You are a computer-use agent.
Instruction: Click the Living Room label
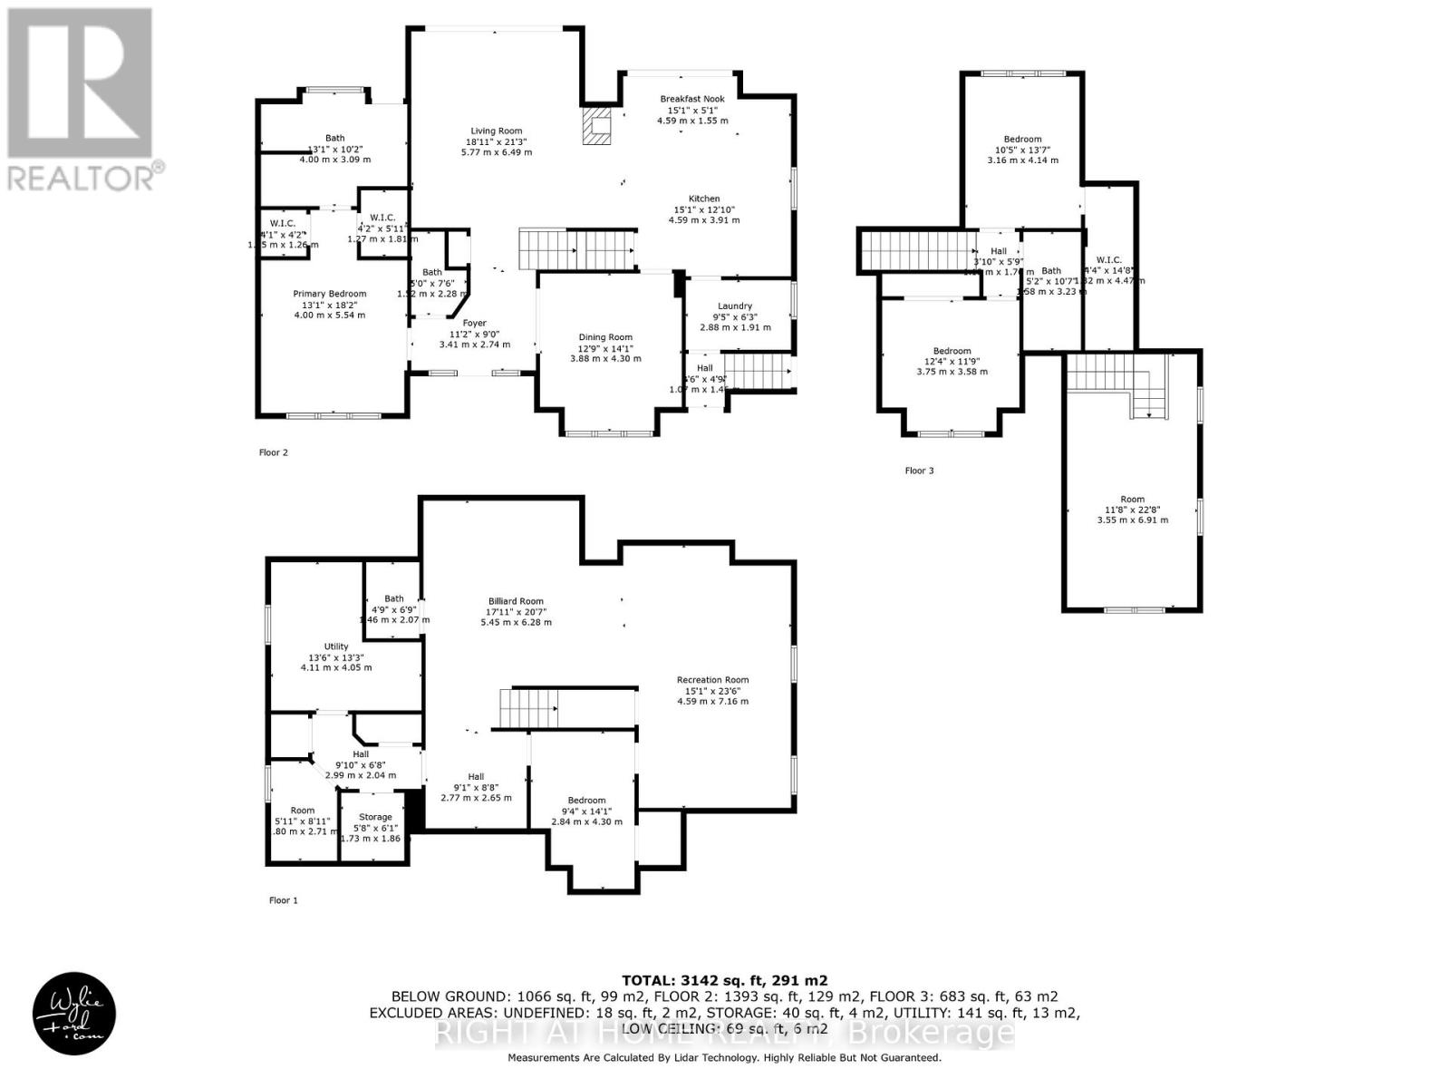tap(496, 131)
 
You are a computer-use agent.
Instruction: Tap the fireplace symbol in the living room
tap(597, 127)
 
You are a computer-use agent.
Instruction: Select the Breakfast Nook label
tap(691, 99)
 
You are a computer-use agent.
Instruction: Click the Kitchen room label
tap(704, 199)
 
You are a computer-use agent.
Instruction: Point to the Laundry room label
tap(735, 306)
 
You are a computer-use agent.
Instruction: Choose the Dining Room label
tap(605, 337)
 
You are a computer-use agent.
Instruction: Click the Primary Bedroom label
tap(330, 294)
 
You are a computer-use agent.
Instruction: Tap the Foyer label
tap(474, 323)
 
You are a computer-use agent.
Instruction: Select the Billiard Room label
tap(516, 601)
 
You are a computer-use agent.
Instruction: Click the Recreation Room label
tap(712, 680)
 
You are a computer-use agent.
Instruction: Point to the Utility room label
tap(336, 646)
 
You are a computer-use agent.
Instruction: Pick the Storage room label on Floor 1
tap(375, 817)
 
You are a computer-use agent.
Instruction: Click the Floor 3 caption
tap(919, 471)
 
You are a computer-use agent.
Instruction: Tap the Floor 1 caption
tap(283, 900)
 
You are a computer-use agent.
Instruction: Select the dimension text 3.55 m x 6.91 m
tap(1132, 520)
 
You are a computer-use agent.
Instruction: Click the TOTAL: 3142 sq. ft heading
tap(724, 980)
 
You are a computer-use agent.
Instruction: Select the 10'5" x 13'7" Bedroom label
tap(1022, 140)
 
